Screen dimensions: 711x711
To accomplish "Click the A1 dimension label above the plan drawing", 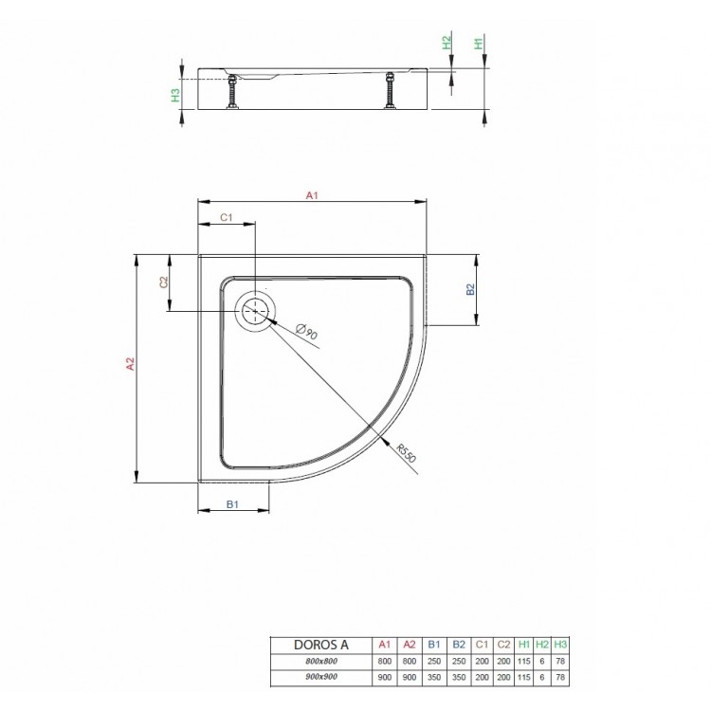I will pos(310,196).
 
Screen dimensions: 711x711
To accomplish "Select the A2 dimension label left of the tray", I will pos(132,366).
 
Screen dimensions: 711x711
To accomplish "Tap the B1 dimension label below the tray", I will pos(231,505).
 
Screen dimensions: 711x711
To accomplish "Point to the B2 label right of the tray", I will pos(469,290).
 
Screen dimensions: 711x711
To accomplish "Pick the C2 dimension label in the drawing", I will pos(163,283).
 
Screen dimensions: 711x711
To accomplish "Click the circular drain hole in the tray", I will pos(255,310).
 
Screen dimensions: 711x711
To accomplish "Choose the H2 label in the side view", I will pos(447,44).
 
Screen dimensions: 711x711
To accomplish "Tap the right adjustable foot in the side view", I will pos(389,93).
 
